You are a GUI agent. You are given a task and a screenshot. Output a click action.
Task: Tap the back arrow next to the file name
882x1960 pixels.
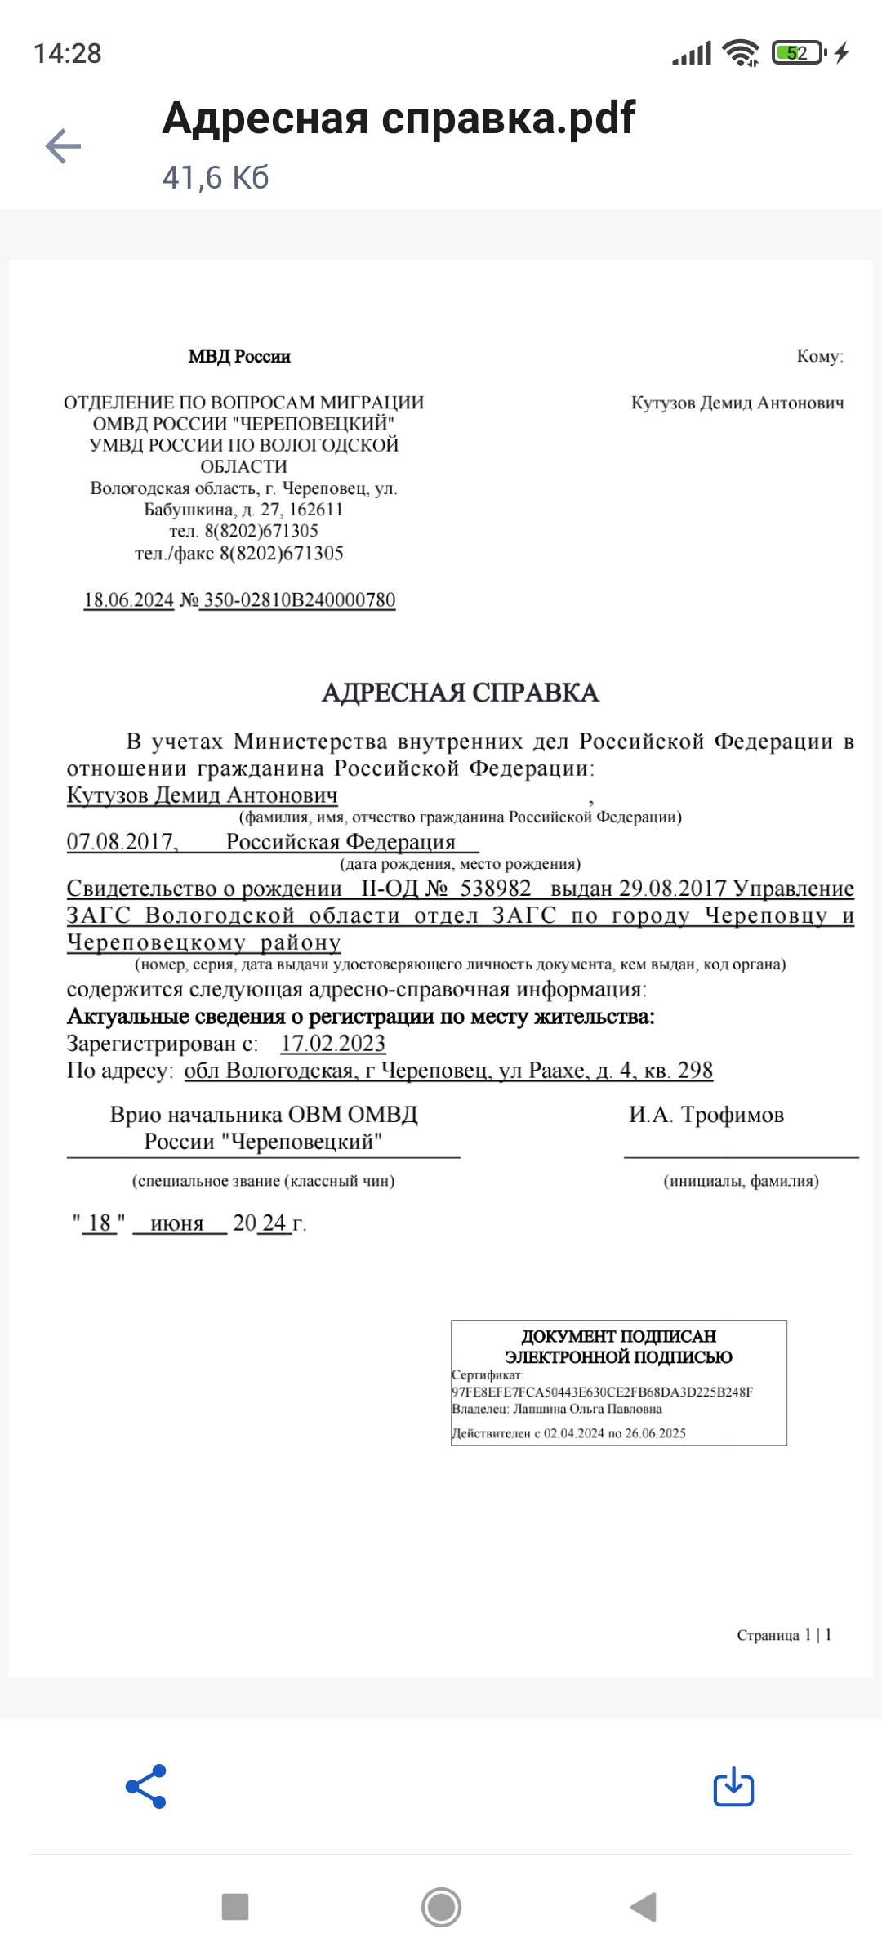(x=63, y=146)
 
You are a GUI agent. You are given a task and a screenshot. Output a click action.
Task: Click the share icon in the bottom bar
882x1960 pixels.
(x=146, y=1787)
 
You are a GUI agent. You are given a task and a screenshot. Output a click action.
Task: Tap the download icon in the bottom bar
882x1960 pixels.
(x=733, y=1787)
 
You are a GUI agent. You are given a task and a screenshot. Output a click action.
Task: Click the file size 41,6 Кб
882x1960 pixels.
(x=216, y=177)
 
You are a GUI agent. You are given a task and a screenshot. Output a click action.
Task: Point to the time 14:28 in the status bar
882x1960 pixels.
(x=68, y=54)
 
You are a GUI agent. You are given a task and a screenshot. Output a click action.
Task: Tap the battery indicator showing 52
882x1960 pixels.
(x=798, y=54)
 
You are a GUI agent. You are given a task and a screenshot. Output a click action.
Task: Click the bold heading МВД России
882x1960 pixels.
(x=239, y=356)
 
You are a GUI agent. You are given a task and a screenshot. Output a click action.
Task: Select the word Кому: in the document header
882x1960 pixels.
(x=820, y=356)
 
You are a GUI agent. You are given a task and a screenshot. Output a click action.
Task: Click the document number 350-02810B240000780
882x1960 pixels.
(x=299, y=600)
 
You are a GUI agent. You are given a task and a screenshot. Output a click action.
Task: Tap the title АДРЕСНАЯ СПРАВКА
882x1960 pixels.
(x=461, y=693)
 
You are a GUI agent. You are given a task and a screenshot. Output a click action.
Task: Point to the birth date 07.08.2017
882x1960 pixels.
(x=121, y=841)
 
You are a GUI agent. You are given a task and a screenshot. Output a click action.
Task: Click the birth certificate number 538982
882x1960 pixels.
(x=496, y=889)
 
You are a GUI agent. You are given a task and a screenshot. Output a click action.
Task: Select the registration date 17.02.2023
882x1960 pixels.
(x=333, y=1044)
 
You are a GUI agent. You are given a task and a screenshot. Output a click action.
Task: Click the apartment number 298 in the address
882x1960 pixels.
(x=695, y=1071)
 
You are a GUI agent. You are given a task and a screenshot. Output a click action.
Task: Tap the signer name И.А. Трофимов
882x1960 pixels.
(x=706, y=1115)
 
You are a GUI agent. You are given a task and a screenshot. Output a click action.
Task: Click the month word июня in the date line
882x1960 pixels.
(x=177, y=1223)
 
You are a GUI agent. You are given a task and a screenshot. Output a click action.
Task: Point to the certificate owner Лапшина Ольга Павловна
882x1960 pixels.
(x=587, y=1409)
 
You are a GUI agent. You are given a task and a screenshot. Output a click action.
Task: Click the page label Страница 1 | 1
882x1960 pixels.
(x=784, y=1635)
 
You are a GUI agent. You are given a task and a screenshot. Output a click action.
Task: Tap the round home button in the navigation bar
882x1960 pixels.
(x=441, y=1907)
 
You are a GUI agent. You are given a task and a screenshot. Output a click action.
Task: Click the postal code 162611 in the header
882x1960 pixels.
(x=316, y=510)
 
